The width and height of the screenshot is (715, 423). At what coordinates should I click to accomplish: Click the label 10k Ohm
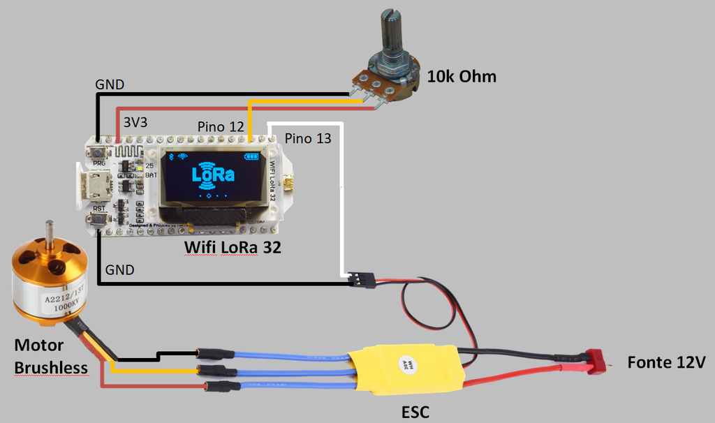click(462, 76)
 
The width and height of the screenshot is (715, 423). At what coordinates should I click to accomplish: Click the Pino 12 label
click(220, 126)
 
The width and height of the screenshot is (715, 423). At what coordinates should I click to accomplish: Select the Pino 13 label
click(308, 138)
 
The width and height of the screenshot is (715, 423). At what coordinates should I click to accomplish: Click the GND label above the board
click(110, 84)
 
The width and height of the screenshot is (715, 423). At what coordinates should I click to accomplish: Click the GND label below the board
click(120, 269)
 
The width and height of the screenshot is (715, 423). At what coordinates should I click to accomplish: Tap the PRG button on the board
click(98, 152)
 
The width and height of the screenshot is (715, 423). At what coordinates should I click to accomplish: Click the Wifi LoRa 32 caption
click(232, 246)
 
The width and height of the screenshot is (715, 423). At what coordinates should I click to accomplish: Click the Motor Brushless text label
click(51, 357)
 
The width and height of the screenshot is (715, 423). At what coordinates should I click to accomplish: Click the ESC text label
click(415, 412)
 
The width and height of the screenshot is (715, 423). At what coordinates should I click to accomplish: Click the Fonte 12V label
click(666, 362)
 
